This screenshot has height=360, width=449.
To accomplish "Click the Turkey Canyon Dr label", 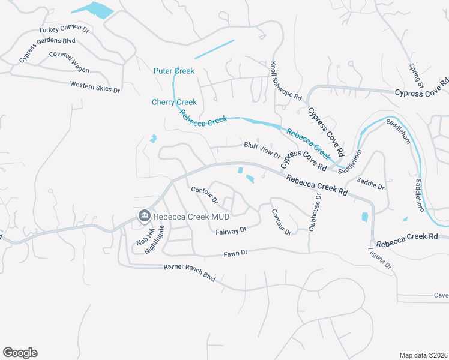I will pos(64,29).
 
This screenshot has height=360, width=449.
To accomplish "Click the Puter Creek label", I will pos(174,71).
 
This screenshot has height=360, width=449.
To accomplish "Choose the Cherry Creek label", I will pos(174,102).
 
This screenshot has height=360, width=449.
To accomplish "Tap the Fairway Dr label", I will pos(231,230).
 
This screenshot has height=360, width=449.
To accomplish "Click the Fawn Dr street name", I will pos(235,253).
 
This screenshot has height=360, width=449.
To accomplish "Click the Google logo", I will pos(20,353).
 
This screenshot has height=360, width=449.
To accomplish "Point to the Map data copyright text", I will pos(423,355).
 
